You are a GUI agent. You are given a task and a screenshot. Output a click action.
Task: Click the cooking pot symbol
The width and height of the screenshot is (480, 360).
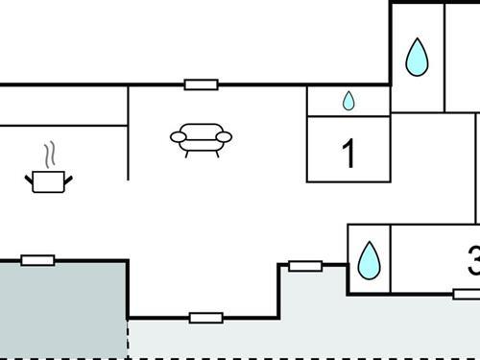click(48, 180)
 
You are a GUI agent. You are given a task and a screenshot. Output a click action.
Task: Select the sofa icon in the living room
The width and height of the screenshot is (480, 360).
click(201, 139)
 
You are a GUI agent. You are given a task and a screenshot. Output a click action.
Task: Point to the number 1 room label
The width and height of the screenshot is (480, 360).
click(348, 154)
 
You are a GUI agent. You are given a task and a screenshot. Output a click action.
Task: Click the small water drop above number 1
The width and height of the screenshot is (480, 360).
click(348, 100)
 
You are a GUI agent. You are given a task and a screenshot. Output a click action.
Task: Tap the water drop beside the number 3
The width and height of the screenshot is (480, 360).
click(368, 259)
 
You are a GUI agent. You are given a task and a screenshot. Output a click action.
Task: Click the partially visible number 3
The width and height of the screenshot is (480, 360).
click(473, 260)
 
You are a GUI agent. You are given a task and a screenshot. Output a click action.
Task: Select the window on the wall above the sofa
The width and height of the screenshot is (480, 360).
click(201, 84)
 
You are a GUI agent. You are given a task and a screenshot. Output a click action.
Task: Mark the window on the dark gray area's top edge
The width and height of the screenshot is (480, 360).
click(37, 259)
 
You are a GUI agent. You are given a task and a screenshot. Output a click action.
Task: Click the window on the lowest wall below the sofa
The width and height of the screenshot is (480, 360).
click(205, 318)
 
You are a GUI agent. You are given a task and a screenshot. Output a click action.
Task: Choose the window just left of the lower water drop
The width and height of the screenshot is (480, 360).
click(304, 265)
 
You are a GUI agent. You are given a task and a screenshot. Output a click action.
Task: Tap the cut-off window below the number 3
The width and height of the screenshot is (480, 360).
click(467, 294)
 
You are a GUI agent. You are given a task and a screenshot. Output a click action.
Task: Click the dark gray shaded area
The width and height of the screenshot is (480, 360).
click(62, 307)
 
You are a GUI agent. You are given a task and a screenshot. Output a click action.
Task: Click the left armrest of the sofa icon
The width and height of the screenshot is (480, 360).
click(178, 138)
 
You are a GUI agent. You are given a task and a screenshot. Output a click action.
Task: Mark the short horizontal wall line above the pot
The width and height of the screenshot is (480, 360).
click(62, 125)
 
